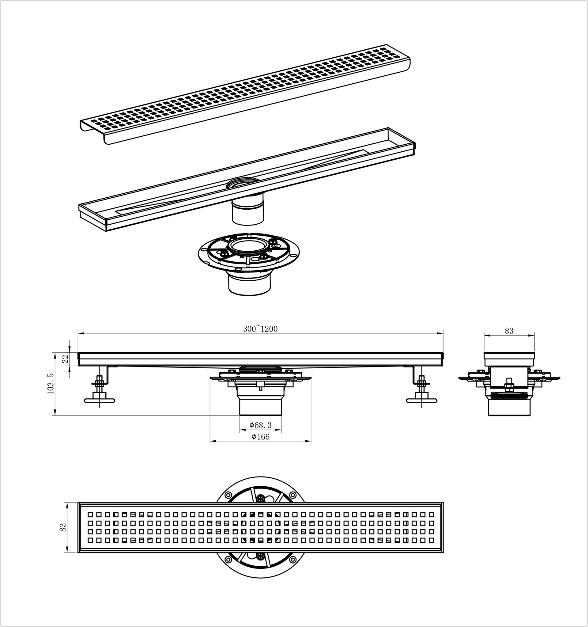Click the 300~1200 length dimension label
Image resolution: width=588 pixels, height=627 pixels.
tap(260, 329)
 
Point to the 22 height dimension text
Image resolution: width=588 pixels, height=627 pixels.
tap(65, 359)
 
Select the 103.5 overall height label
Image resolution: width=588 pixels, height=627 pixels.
tap(51, 383)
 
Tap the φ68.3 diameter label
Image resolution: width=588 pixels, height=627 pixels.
tap(261, 425)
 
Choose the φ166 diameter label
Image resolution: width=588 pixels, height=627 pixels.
tap(261, 436)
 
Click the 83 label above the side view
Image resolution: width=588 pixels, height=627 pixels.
tap(509, 331)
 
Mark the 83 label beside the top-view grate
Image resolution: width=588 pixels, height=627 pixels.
tap(63, 527)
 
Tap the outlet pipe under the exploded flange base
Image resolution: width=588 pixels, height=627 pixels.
tap(249, 285)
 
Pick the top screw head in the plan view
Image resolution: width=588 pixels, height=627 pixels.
tap(261, 498)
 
